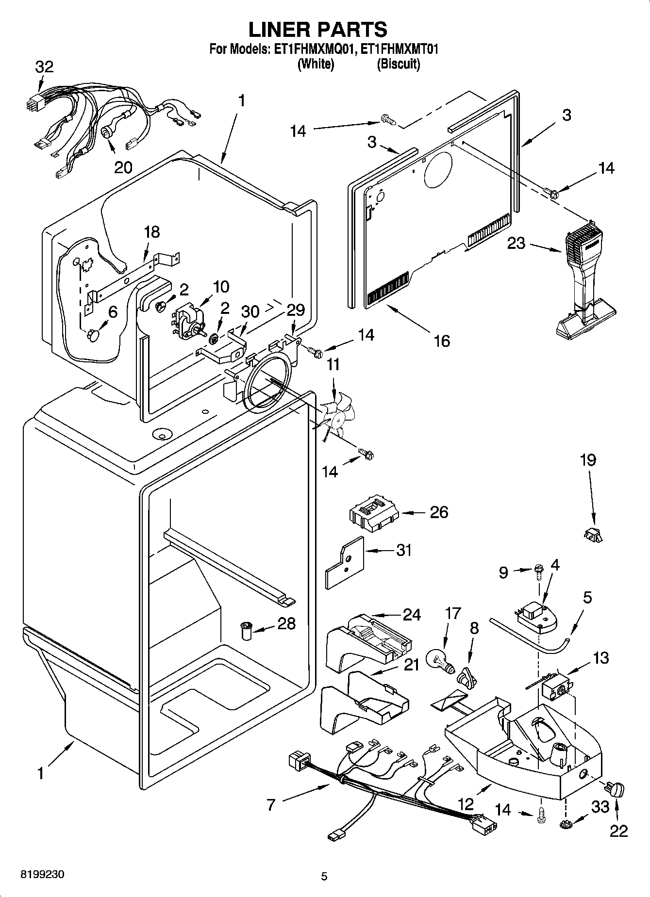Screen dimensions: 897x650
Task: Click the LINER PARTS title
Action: (x=318, y=30)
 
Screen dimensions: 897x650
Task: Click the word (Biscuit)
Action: (x=399, y=64)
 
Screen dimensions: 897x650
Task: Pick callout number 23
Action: (x=516, y=243)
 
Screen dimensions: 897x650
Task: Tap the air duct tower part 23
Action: (x=583, y=286)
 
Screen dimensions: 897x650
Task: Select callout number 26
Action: (x=439, y=512)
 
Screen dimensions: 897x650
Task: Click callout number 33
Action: (x=600, y=807)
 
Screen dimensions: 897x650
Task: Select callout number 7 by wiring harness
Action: (x=271, y=805)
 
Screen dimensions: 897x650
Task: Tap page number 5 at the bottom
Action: (x=324, y=876)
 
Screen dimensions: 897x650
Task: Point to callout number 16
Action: (x=442, y=341)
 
